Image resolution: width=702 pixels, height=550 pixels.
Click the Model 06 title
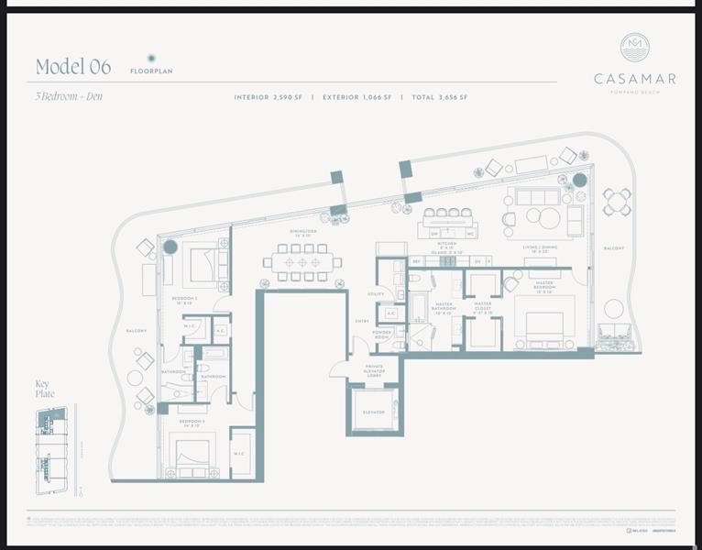click(x=73, y=67)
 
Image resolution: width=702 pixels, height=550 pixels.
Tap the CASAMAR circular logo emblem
click(x=634, y=48)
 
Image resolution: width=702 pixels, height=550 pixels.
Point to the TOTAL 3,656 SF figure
click(x=439, y=97)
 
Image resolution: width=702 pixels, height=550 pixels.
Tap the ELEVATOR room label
click(x=373, y=412)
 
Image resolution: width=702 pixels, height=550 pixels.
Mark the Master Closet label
click(x=483, y=307)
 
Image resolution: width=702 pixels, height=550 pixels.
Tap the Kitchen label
click(x=446, y=247)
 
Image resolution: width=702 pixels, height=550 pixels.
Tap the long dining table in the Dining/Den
click(x=302, y=262)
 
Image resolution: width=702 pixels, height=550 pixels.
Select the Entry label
click(x=361, y=321)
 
